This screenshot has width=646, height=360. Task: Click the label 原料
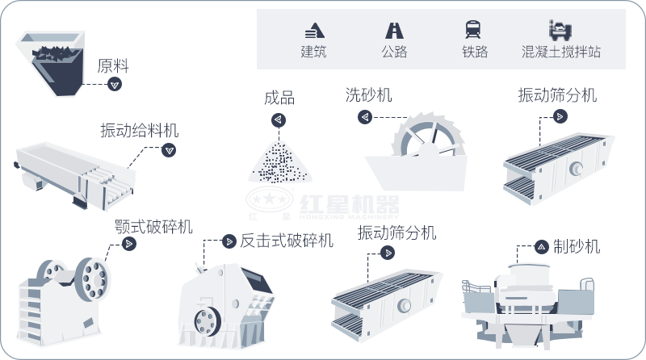pyautogui.click(x=113, y=65)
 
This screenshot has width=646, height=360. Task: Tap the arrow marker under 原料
pyautogui.click(x=115, y=84)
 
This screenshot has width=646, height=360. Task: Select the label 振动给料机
pyautogui.click(x=140, y=130)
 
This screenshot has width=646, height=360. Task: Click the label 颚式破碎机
pyautogui.click(x=153, y=226)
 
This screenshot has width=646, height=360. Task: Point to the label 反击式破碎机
pyautogui.click(x=287, y=241)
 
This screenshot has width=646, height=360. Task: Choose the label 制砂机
pyautogui.click(x=577, y=247)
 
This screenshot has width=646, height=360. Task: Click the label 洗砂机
pyautogui.click(x=368, y=95)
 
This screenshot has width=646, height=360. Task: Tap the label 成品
pyautogui.click(x=279, y=99)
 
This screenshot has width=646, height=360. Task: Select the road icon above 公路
pyautogui.click(x=394, y=31)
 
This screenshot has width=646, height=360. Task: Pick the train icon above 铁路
pyautogui.click(x=474, y=31)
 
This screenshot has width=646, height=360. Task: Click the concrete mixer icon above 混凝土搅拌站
pyautogui.click(x=560, y=31)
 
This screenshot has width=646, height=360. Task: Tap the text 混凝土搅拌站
pyautogui.click(x=561, y=52)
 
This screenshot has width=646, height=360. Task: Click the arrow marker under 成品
pyautogui.click(x=278, y=120)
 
